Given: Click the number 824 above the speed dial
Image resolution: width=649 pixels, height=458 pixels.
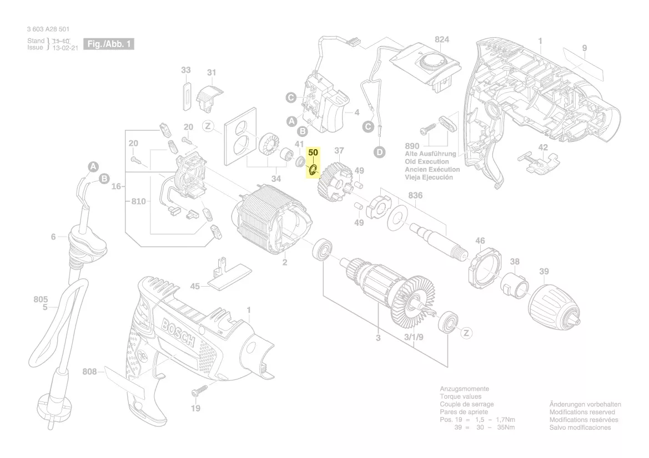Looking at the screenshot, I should point(442,40).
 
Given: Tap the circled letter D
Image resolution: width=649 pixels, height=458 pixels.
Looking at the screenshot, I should point(379,151).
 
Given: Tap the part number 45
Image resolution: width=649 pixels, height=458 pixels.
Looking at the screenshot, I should point(195,287).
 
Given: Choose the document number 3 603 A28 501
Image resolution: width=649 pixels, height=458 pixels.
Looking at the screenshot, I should point(48,29).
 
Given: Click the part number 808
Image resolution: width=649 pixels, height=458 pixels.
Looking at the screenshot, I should point(89,371).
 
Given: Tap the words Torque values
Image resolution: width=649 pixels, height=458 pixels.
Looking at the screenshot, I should point(460,397).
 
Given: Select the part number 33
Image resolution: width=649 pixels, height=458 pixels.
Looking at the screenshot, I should point(186,70).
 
